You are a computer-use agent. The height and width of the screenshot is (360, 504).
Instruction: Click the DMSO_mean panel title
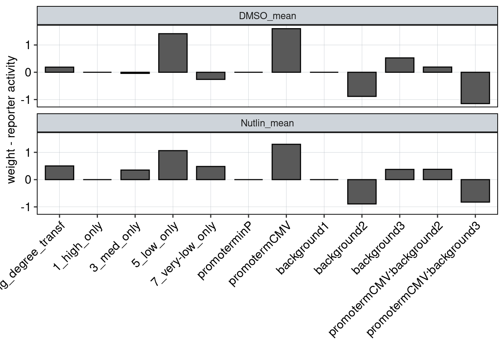[x=267, y=16]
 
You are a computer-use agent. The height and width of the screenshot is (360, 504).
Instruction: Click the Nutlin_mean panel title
[x=267, y=123]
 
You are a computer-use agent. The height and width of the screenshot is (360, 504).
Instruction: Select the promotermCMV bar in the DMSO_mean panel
[x=286, y=51]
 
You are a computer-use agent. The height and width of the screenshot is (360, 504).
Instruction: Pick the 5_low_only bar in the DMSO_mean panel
[x=173, y=53]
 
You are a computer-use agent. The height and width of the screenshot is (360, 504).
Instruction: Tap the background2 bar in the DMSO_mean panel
[x=361, y=84]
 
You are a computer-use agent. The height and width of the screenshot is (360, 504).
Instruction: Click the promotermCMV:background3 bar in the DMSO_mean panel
[x=475, y=87]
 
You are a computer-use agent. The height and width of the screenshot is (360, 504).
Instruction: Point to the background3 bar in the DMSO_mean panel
[x=399, y=65]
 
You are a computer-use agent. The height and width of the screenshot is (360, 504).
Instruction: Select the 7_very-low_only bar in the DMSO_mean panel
[x=211, y=76]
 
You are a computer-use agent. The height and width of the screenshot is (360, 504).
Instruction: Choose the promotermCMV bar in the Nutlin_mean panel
[x=286, y=162]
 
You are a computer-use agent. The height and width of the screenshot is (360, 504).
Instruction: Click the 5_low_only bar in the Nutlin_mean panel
[x=173, y=165]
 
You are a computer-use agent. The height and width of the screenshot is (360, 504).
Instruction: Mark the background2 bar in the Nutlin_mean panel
[x=361, y=192]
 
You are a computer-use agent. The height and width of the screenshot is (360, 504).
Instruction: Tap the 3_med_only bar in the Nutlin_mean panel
[x=135, y=175]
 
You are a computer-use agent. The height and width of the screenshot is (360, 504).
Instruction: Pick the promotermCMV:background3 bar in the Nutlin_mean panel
[x=475, y=191]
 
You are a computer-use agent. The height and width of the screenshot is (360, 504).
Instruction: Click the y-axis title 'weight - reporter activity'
[x=12, y=120]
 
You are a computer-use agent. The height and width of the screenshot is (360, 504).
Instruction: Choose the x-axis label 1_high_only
[x=78, y=246]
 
